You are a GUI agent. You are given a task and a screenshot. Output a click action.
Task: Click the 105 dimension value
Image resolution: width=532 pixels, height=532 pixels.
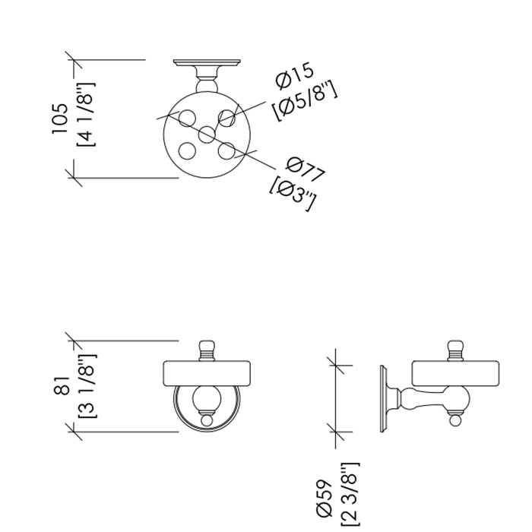coord(61,119)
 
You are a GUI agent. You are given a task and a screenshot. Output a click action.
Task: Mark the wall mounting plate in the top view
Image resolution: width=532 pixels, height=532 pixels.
coord(207,63)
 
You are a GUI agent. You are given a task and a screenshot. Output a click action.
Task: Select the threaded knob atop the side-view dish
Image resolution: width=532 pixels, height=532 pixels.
coord(454,351)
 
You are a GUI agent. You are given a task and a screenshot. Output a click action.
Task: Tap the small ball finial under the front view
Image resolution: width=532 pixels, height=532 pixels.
coord(207,420)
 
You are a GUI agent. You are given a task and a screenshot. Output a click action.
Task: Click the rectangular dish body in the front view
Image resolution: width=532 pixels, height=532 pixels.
coord(207,374)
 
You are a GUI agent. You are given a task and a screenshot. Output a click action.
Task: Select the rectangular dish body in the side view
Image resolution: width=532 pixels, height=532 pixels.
coord(455,374)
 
